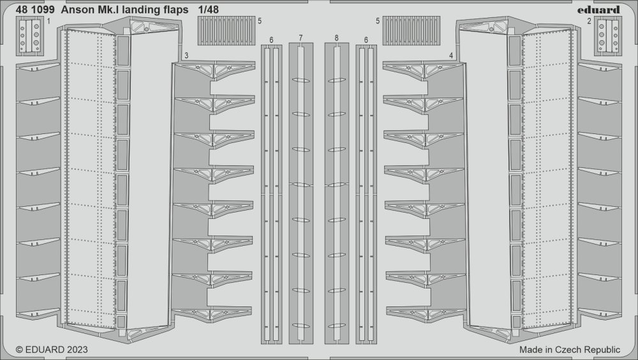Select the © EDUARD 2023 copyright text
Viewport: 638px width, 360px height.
pos(51,350)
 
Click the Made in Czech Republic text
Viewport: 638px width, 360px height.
pos(570,350)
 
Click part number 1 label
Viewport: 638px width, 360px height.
pos(48,21)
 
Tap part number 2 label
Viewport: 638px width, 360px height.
pos(588,21)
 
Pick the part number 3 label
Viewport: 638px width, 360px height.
pos(185,56)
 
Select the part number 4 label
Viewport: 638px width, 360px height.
pos(451,56)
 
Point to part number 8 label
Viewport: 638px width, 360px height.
pos(336,40)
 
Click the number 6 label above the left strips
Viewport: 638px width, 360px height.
pos(272,40)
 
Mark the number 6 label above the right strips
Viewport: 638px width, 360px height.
pos(366,40)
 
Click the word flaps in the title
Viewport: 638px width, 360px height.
pos(184,10)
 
